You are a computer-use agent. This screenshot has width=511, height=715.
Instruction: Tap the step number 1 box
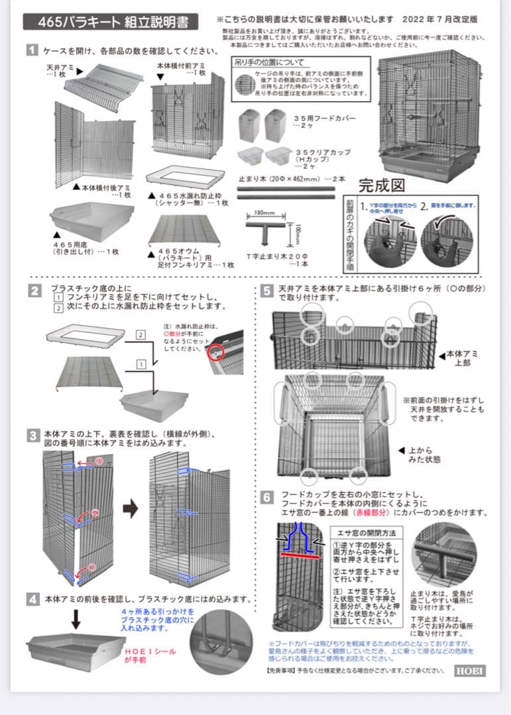tap(32, 50)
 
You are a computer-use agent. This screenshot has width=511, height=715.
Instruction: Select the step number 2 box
tap(32, 291)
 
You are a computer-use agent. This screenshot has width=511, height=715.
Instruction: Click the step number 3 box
tap(32, 435)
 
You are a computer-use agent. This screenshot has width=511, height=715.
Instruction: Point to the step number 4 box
tap(32, 599)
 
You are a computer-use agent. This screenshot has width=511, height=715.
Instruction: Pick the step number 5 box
tap(266, 290)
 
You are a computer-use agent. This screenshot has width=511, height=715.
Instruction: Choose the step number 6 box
tap(266, 496)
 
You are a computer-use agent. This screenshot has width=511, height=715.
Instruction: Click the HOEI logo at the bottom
tap(469, 671)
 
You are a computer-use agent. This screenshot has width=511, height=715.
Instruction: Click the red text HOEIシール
tap(150, 651)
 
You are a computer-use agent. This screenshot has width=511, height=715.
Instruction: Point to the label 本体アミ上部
tap(460, 359)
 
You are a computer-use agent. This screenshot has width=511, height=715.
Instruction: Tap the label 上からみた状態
tap(427, 455)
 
